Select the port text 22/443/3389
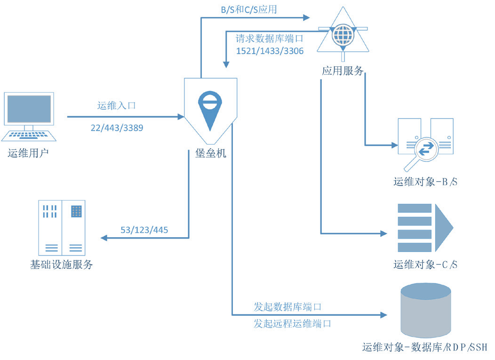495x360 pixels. pos(117,128)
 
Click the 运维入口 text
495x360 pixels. pos(116,106)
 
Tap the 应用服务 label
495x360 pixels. pos(343,71)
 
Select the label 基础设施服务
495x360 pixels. pos(61,265)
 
